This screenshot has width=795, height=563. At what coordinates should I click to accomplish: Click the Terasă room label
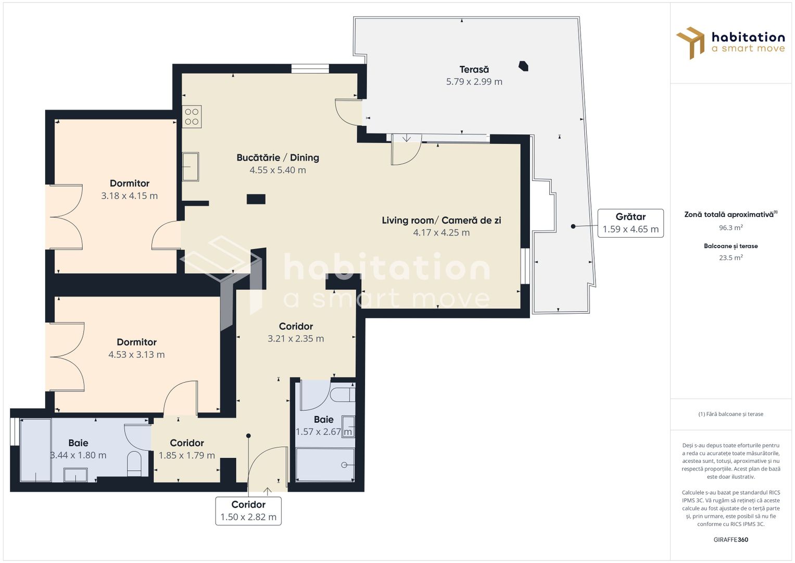pyautogui.click(x=474, y=69)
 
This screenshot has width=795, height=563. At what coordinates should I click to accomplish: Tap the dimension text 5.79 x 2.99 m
pyautogui.click(x=474, y=82)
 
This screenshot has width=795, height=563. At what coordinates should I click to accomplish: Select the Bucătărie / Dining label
pyautogui.click(x=277, y=157)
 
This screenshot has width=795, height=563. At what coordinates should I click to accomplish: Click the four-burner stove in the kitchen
pyautogui.click(x=192, y=117)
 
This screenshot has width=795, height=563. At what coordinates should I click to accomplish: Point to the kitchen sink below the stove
pyautogui.click(x=191, y=167)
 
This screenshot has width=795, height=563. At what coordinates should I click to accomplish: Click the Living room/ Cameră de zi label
pyautogui.click(x=441, y=220)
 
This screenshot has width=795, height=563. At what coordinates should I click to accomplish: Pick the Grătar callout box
pyautogui.click(x=630, y=223)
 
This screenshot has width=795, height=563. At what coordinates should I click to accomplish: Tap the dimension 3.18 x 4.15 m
pyautogui.click(x=129, y=196)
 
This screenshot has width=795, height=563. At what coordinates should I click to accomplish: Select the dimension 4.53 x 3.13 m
pyautogui.click(x=136, y=354)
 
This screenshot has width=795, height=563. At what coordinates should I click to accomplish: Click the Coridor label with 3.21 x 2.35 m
pyautogui.click(x=296, y=326)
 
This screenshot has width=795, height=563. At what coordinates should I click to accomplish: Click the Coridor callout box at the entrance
pyautogui.click(x=248, y=511)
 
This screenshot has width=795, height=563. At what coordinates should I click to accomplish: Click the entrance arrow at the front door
pyautogui.click(x=268, y=491)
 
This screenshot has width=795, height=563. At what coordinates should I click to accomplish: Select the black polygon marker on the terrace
pyautogui.click(x=523, y=66)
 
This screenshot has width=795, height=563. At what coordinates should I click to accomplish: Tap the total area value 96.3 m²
pyautogui.click(x=730, y=228)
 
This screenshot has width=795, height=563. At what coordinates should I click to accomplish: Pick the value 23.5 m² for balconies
pyautogui.click(x=730, y=258)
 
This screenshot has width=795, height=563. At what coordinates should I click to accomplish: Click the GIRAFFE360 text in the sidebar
pyautogui.click(x=730, y=540)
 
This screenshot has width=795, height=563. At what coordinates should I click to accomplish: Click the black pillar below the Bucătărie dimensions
pyautogui.click(x=256, y=199)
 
